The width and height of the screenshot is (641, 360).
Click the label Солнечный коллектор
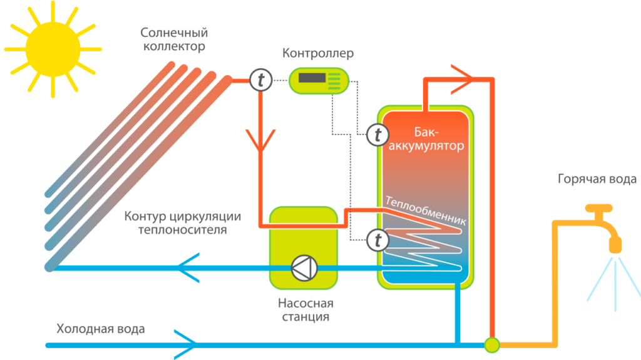click(174, 39)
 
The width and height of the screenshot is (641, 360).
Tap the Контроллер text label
click(318, 53)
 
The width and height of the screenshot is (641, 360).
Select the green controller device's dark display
click(312, 79)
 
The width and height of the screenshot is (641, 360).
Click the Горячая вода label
click(597, 180)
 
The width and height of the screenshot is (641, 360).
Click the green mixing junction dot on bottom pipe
click(492, 344)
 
